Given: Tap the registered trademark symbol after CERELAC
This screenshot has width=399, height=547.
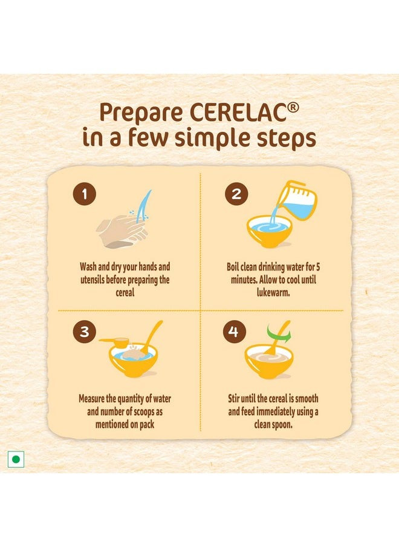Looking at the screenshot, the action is [293, 108].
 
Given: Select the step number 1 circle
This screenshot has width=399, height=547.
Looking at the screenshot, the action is [85, 194].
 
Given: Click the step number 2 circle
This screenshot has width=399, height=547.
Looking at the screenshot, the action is [236, 194].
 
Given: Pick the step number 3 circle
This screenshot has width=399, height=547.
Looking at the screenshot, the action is [85, 332].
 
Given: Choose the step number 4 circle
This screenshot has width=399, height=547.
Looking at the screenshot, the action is [234, 332].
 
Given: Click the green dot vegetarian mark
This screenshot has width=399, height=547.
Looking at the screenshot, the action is [16, 459].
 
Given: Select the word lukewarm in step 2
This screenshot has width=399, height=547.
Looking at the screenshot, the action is [273, 292].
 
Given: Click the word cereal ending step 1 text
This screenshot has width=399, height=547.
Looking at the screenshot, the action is [125, 292].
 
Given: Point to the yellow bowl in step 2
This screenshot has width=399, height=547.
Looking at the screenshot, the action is [269, 231].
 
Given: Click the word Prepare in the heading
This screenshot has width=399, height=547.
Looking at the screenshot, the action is [141, 113].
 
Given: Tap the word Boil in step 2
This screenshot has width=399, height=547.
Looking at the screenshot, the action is [233, 267].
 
